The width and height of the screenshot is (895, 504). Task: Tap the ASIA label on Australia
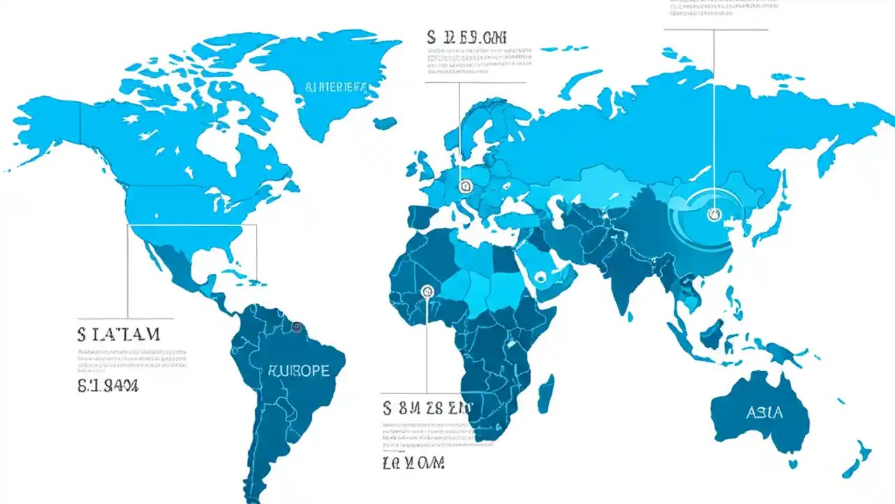tap(764, 412)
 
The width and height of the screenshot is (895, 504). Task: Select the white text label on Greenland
tap(336, 87)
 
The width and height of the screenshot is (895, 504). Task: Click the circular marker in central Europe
tap(466, 186)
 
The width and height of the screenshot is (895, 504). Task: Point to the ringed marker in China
tap(713, 214)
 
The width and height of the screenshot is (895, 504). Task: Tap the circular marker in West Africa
tap(427, 291)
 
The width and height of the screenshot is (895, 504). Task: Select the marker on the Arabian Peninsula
tap(540, 277)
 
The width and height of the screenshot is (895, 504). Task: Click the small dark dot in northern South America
tap(297, 326)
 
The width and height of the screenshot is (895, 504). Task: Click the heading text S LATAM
tap(119, 334)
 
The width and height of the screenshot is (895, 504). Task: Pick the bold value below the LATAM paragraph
tap(108, 385)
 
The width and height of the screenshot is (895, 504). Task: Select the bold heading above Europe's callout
tap(466, 37)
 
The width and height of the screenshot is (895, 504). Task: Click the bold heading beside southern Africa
tap(427, 408)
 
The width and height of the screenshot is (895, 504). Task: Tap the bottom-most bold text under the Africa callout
tap(413, 463)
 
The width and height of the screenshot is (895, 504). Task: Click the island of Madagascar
tap(547, 393)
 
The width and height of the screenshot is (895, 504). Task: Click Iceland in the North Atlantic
tap(385, 123)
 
